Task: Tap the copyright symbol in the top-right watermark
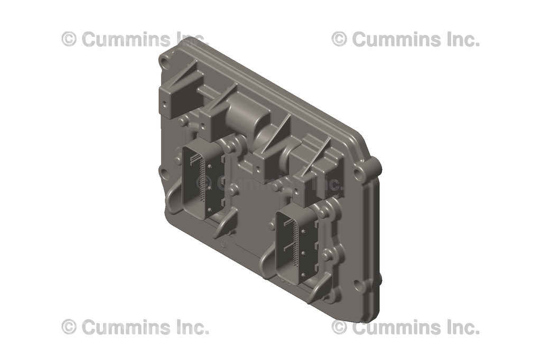[339, 39]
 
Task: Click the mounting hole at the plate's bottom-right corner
[360, 287]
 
